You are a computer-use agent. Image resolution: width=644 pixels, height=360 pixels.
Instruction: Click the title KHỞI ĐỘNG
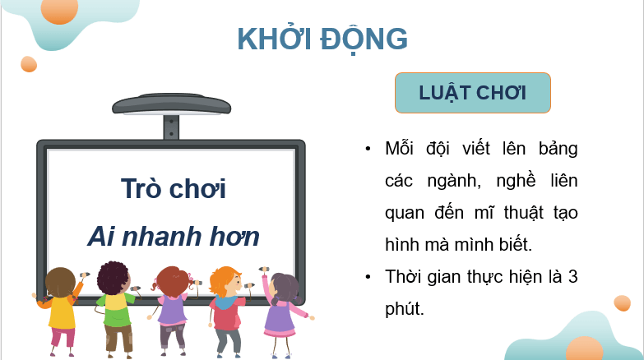(x=322, y=39)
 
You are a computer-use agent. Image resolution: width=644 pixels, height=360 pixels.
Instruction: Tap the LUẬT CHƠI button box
(x=472, y=92)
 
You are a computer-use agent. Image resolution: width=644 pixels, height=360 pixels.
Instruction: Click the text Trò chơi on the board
(x=173, y=188)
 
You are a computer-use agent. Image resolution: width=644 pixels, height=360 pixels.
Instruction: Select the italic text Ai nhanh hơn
(x=173, y=237)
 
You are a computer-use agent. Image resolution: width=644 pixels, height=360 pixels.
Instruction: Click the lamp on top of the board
(x=171, y=105)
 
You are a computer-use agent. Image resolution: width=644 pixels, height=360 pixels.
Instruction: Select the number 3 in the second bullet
(x=572, y=276)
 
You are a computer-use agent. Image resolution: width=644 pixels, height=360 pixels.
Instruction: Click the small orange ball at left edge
(x=29, y=64)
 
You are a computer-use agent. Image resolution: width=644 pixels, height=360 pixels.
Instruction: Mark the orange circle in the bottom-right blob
(x=585, y=350)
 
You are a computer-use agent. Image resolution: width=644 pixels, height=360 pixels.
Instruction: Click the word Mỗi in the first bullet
(x=401, y=149)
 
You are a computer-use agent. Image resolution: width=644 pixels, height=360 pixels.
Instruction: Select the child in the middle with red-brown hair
(x=172, y=308)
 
